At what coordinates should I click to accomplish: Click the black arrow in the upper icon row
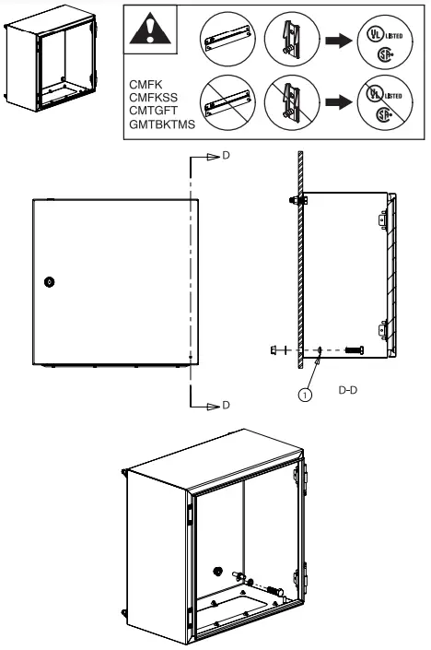[332, 41]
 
